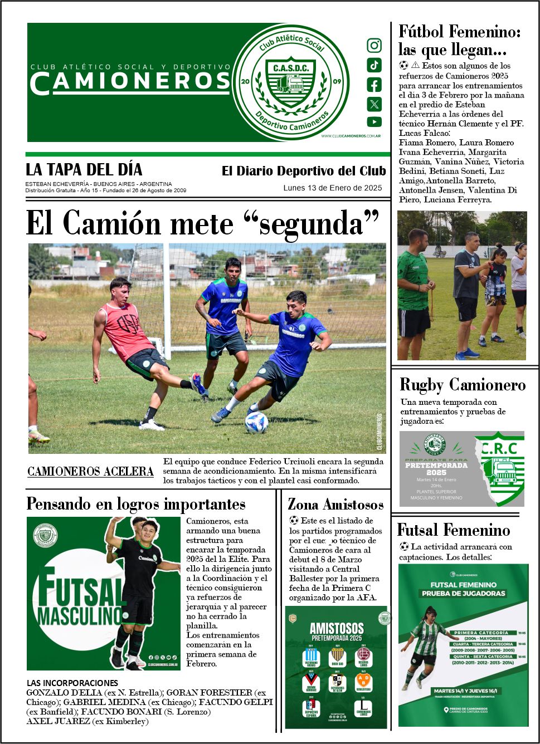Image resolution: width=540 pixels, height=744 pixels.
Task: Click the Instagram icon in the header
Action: (374, 46)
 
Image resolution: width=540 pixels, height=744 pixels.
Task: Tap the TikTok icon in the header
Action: (374, 65)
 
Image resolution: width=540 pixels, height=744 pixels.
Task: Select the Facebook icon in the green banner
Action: (374, 85)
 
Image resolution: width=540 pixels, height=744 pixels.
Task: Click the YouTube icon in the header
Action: (374, 122)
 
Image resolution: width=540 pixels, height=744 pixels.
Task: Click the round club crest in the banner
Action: (291, 82)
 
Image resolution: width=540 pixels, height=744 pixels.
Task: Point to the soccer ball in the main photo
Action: (256, 423)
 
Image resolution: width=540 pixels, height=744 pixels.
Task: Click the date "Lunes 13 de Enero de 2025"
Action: (333, 188)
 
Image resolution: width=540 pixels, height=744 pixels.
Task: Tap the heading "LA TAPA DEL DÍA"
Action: (84, 170)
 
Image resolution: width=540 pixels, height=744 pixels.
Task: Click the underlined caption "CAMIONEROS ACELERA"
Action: (90, 472)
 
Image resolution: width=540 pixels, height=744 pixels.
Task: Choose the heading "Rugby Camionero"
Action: (463, 385)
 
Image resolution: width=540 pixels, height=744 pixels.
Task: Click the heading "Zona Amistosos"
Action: (335, 505)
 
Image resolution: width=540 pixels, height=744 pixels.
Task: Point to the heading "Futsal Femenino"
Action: (454, 530)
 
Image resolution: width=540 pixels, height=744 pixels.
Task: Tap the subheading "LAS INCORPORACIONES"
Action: (72, 683)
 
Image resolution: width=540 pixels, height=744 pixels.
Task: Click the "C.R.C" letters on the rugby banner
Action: (499, 448)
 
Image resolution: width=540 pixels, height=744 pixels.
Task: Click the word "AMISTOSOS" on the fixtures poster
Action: (337, 629)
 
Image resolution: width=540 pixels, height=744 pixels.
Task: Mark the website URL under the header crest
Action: (351, 136)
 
